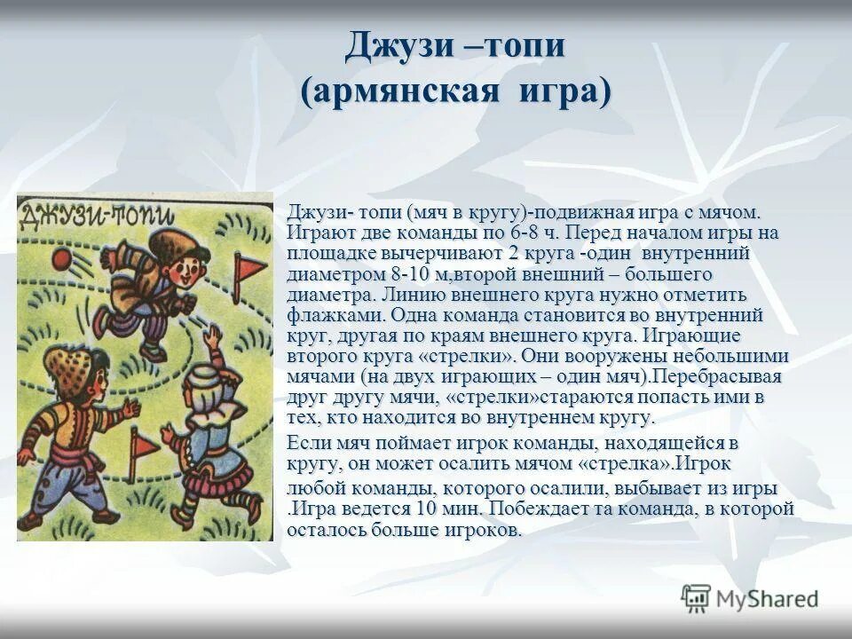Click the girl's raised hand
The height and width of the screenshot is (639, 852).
[212, 335]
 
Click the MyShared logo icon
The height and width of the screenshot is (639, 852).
[697, 597]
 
